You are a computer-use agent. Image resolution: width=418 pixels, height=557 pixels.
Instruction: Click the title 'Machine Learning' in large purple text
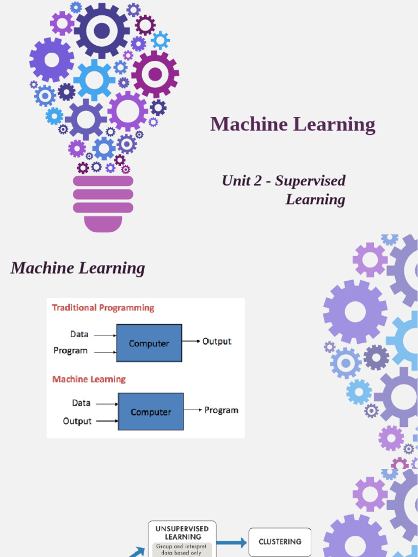pos(293,125)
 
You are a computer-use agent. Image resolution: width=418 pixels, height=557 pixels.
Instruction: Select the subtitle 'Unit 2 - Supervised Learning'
pos(284,190)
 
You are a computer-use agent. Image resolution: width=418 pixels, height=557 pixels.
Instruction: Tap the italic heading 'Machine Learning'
pos(78,268)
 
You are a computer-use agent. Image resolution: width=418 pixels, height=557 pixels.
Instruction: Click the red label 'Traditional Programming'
pos(103,308)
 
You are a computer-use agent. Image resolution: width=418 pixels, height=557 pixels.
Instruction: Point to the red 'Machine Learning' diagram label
pos(89,379)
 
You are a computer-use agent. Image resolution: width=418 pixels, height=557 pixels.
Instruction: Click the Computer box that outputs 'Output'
pos(149,343)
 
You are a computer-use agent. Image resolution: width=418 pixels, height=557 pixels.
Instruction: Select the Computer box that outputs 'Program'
pos(151,412)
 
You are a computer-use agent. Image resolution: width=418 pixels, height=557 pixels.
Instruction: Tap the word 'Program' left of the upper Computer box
pos(71,351)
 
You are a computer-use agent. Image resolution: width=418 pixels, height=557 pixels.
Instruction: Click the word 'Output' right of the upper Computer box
pos(217,342)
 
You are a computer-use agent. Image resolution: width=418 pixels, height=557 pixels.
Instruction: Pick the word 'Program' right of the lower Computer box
pos(221,410)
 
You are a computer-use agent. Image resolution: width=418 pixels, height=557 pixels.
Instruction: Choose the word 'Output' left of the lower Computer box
pos(77,421)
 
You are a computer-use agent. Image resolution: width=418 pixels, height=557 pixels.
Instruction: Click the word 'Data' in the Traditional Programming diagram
pos(79,334)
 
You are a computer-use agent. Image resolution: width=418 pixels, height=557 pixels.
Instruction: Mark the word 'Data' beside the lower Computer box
pos(81,403)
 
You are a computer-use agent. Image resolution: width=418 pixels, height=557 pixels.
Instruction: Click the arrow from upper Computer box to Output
pos(191,342)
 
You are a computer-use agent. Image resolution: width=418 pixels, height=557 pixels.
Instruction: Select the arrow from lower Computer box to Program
pos(193,410)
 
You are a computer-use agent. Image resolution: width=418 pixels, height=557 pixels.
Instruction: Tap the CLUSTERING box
pos(280,542)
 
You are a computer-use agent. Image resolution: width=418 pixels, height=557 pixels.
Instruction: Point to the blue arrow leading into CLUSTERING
pos(232,542)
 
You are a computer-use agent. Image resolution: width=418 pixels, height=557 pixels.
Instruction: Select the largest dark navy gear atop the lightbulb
pos(102,30)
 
